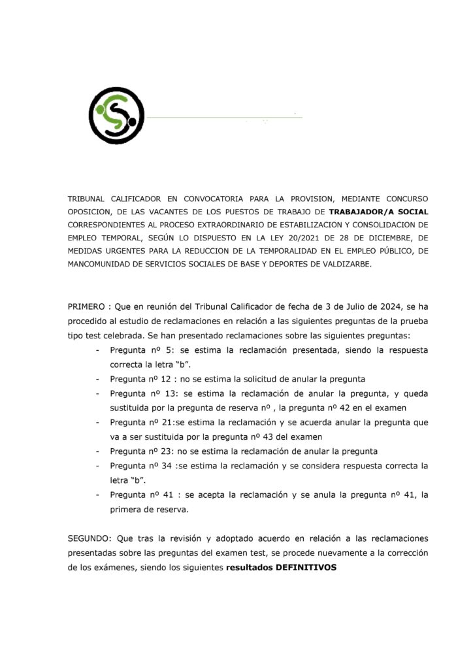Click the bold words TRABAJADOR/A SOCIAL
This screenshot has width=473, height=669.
(x=378, y=212)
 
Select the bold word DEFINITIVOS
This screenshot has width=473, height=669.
(x=306, y=568)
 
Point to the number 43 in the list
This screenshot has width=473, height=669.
(x=282, y=437)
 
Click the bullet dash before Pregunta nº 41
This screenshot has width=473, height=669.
(x=97, y=495)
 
